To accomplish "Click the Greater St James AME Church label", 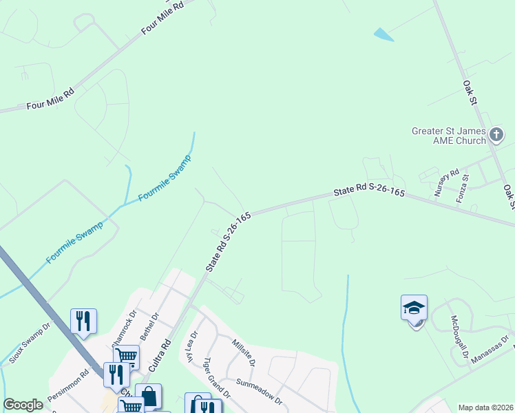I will coord(448,136).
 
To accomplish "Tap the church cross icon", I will coord(497,135).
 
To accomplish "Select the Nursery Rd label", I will coord(446,183).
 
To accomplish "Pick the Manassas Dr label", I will coord(491,351).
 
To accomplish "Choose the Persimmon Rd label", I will coord(68,388).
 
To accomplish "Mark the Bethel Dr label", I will coord(149,326).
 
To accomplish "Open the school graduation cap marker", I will coord(414,309).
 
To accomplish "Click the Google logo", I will coord(23,405).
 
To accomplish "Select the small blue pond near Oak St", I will coord(383,34).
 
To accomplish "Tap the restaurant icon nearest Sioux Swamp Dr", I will coord(83,321).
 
